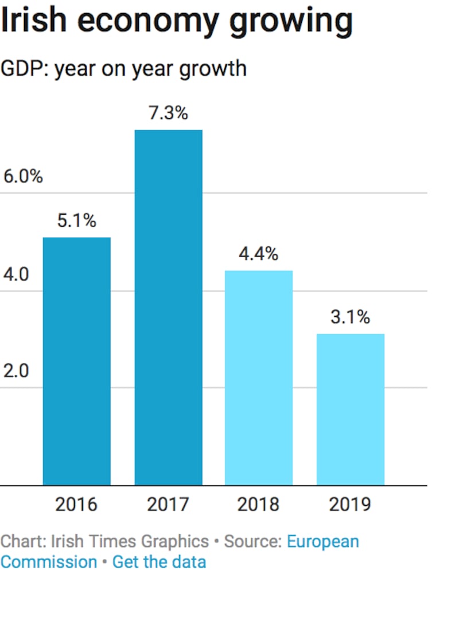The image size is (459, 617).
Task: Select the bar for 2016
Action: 77,361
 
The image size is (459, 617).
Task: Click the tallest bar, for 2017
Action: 169,307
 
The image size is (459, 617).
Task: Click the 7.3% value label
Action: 168,113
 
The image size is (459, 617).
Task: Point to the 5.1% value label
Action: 76,220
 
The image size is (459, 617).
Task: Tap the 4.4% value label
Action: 258,254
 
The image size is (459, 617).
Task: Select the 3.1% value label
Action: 350,317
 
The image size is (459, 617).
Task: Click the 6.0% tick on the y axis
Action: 23,177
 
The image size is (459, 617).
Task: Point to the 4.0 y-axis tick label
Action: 16,274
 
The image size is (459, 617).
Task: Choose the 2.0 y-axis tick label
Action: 16,371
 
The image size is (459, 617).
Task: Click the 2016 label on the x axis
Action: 76,505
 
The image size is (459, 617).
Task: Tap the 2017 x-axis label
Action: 168,505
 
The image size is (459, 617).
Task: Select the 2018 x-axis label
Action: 258,505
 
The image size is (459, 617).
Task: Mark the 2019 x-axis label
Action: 350,505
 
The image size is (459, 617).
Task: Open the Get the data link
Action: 159,561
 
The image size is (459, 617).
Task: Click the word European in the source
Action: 323,541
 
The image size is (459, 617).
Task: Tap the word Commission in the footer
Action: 49,561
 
